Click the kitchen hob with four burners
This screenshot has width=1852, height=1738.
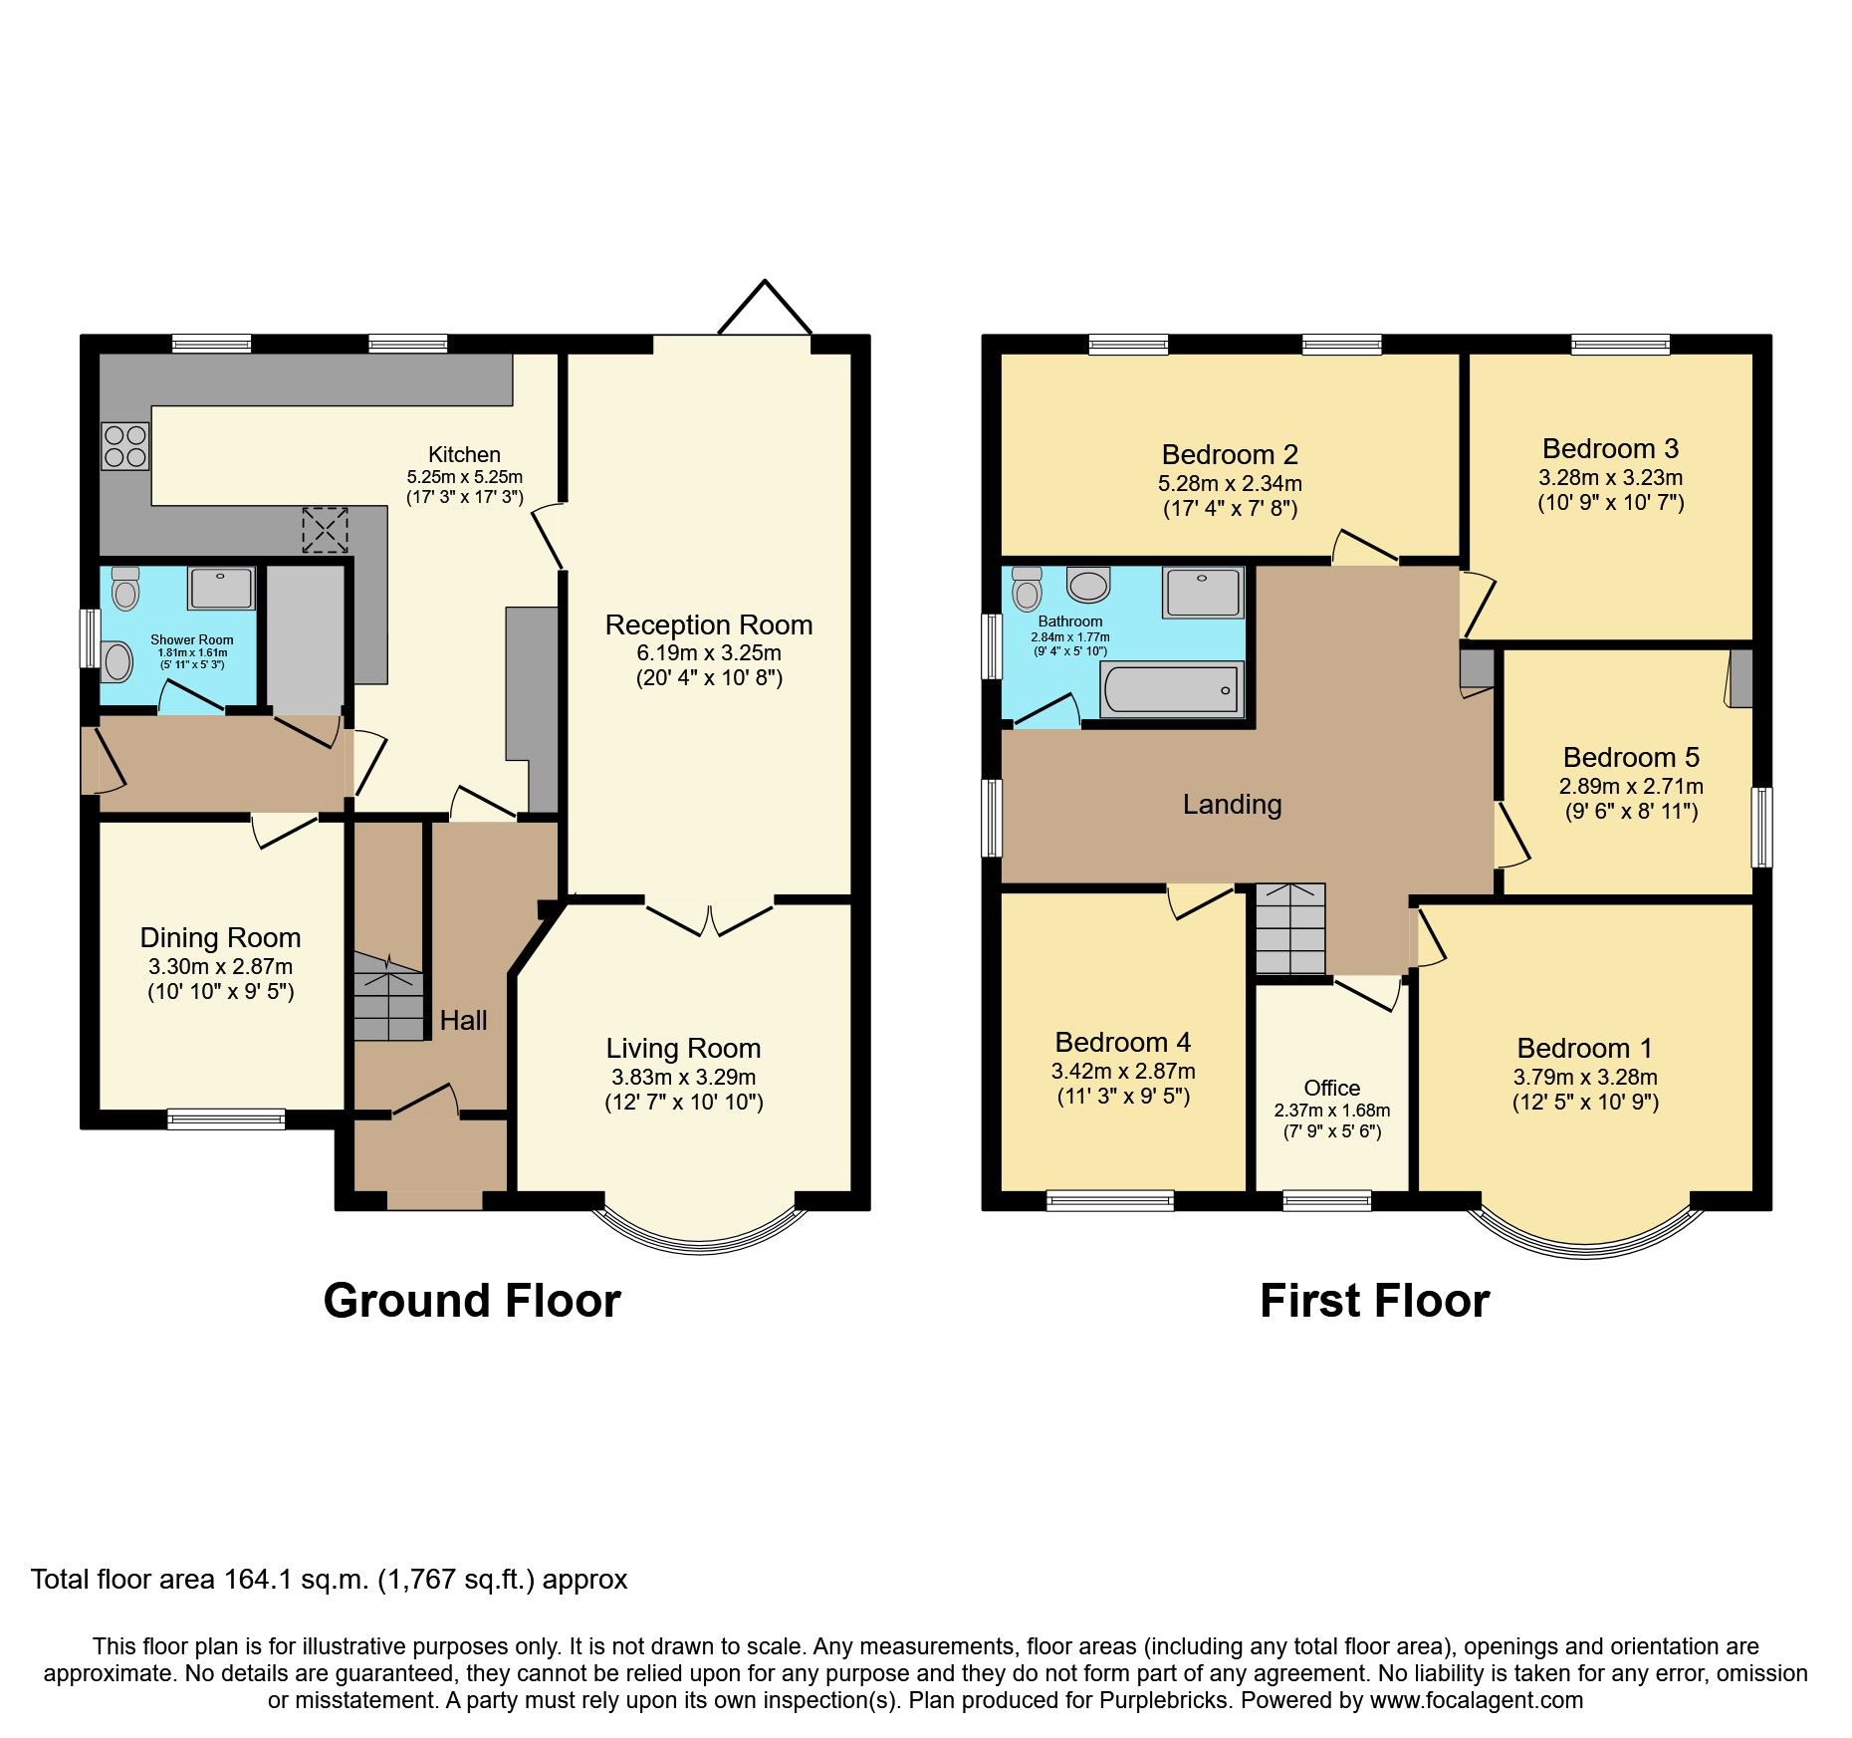tap(125, 446)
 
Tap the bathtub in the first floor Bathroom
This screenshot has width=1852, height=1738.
tap(1171, 690)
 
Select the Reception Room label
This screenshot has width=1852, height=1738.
tap(709, 625)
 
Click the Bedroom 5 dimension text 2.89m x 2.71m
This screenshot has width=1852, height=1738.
tap(1631, 786)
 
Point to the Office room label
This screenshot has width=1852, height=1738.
tap(1332, 1088)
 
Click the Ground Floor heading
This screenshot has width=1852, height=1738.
tap(472, 1301)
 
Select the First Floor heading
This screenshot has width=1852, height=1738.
tap(1374, 1301)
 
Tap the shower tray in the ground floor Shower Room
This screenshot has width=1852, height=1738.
tap(221, 589)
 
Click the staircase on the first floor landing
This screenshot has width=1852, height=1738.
tap(1289, 928)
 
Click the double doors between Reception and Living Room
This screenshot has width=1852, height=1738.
tap(709, 916)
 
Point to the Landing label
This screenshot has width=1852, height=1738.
tap(1232, 805)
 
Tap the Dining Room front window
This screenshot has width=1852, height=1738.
tap(226, 1118)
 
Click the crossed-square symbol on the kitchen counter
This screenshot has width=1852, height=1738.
tap(325, 529)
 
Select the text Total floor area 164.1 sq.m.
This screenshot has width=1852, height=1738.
tap(199, 1580)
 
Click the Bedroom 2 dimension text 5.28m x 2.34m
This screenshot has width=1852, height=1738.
tap(1230, 483)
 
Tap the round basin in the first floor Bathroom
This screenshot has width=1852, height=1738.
tap(1087, 585)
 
